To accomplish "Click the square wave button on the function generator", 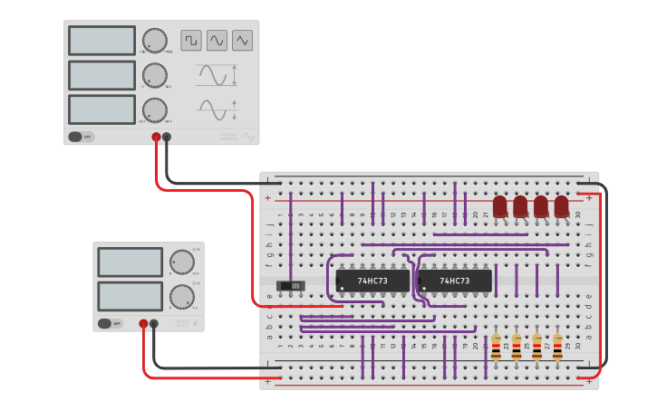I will point(191,40).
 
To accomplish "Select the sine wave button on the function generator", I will point(217,40).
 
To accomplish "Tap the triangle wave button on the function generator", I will point(242,40).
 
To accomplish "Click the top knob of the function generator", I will point(155,40).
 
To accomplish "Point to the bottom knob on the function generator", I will point(155,110).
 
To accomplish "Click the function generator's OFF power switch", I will point(80,137).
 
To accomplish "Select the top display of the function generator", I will point(101,40).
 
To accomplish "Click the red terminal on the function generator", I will point(156,138).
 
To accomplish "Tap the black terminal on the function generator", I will point(167,138).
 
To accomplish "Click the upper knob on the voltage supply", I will point(182,262).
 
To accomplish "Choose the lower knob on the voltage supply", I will point(181,296).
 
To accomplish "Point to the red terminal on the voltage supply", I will point(143,323).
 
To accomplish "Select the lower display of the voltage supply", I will point(130,296).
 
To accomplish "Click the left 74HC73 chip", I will point(372,281).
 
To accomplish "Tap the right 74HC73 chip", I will point(455,281).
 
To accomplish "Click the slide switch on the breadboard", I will point(291,286).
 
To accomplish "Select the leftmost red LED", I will point(500,206).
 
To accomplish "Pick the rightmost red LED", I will point(561,206).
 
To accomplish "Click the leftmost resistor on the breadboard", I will point(496,346).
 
